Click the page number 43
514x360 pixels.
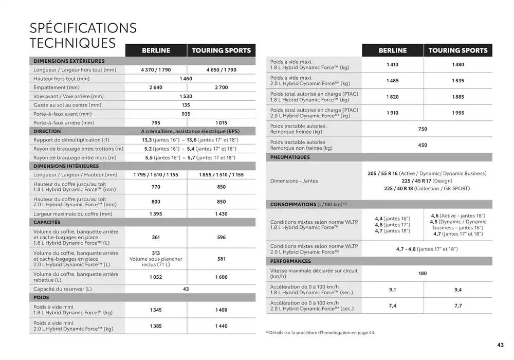pyautogui.click(x=500, y=345)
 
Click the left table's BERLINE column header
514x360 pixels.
pyautogui.click(x=156, y=50)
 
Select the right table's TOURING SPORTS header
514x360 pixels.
pyautogui.click(x=457, y=50)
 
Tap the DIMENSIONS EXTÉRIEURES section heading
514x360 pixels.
pyautogui.click(x=69, y=61)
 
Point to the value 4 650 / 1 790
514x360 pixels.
pyautogui.click(x=221, y=70)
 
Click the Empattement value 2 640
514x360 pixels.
pyautogui.click(x=156, y=87)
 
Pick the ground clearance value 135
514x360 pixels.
pyautogui.click(x=186, y=105)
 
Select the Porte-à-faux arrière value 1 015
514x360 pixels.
pyautogui.click(x=221, y=123)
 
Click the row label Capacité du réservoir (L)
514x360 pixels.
pyautogui.click(x=62, y=289)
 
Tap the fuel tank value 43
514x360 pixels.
pyautogui.click(x=186, y=289)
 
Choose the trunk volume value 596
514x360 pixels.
pyautogui.click(x=221, y=238)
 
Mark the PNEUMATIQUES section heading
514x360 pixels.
pyautogui.click(x=290, y=157)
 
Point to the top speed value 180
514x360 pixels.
pyautogui.click(x=423, y=274)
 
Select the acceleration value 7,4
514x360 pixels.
pyautogui.click(x=393, y=306)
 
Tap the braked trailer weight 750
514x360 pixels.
pyautogui.click(x=423, y=129)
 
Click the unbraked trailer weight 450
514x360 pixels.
pyautogui.click(x=423, y=146)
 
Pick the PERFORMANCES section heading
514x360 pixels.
pyautogui.click(x=291, y=261)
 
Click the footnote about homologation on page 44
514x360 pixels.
pyautogui.click(x=320, y=333)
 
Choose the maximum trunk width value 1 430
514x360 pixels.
pyautogui.click(x=221, y=214)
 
